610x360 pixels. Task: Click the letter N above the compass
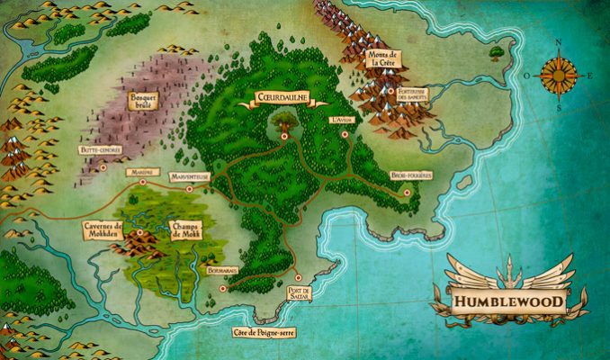point(558,42)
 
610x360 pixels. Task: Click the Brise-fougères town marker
point(407,191)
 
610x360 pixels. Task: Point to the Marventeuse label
point(190,176)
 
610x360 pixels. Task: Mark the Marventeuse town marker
point(189,189)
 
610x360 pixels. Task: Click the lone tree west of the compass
point(497,53)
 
